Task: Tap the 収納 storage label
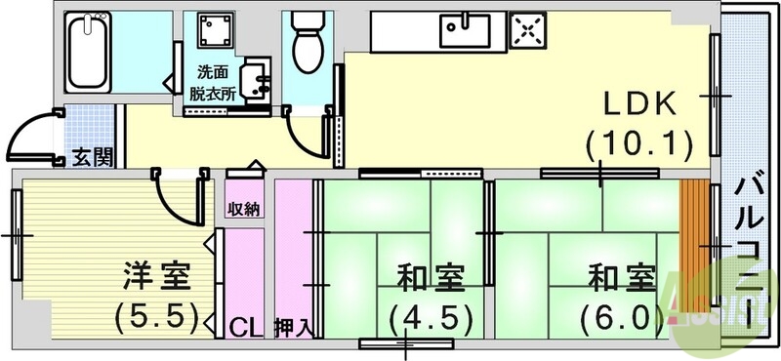point(244,210)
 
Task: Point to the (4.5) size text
point(431,317)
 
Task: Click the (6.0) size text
point(621,317)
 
